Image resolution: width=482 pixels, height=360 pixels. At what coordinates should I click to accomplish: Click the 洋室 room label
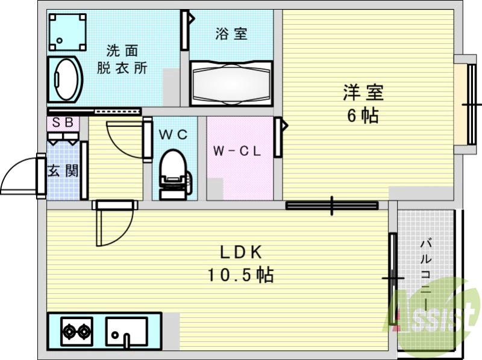[x=363, y=93]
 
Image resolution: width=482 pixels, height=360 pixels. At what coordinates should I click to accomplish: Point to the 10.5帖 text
[x=240, y=275]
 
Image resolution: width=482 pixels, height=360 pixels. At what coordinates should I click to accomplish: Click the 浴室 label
[x=231, y=34]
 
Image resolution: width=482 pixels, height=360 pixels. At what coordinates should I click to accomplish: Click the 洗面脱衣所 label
[x=122, y=58]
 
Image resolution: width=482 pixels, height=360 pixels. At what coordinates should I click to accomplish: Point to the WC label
[x=174, y=135]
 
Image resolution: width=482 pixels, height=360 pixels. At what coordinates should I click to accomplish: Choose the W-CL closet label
[x=236, y=151]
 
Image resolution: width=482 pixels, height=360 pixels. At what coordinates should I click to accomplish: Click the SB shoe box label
[x=63, y=123]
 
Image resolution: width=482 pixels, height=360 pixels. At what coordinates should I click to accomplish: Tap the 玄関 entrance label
[x=63, y=170]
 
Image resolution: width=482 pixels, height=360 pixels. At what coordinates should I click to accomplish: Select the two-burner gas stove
[x=77, y=331]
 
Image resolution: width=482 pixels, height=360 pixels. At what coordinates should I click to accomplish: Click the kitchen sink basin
[x=127, y=331]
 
